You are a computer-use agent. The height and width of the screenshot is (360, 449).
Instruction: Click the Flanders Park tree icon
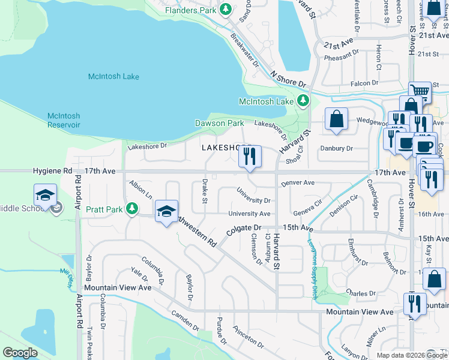(x=226, y=9)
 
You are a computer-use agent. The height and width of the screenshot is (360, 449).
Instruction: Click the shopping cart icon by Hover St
(x=420, y=92)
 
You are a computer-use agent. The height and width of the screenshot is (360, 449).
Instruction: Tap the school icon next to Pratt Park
(x=167, y=211)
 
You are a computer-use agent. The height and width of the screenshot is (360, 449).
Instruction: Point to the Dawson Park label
(x=219, y=123)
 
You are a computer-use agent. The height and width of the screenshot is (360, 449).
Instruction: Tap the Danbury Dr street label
(x=337, y=148)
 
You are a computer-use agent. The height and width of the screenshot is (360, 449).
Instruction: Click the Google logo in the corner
(x=20, y=353)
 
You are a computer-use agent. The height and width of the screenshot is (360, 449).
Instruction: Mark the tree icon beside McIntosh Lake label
(x=304, y=101)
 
